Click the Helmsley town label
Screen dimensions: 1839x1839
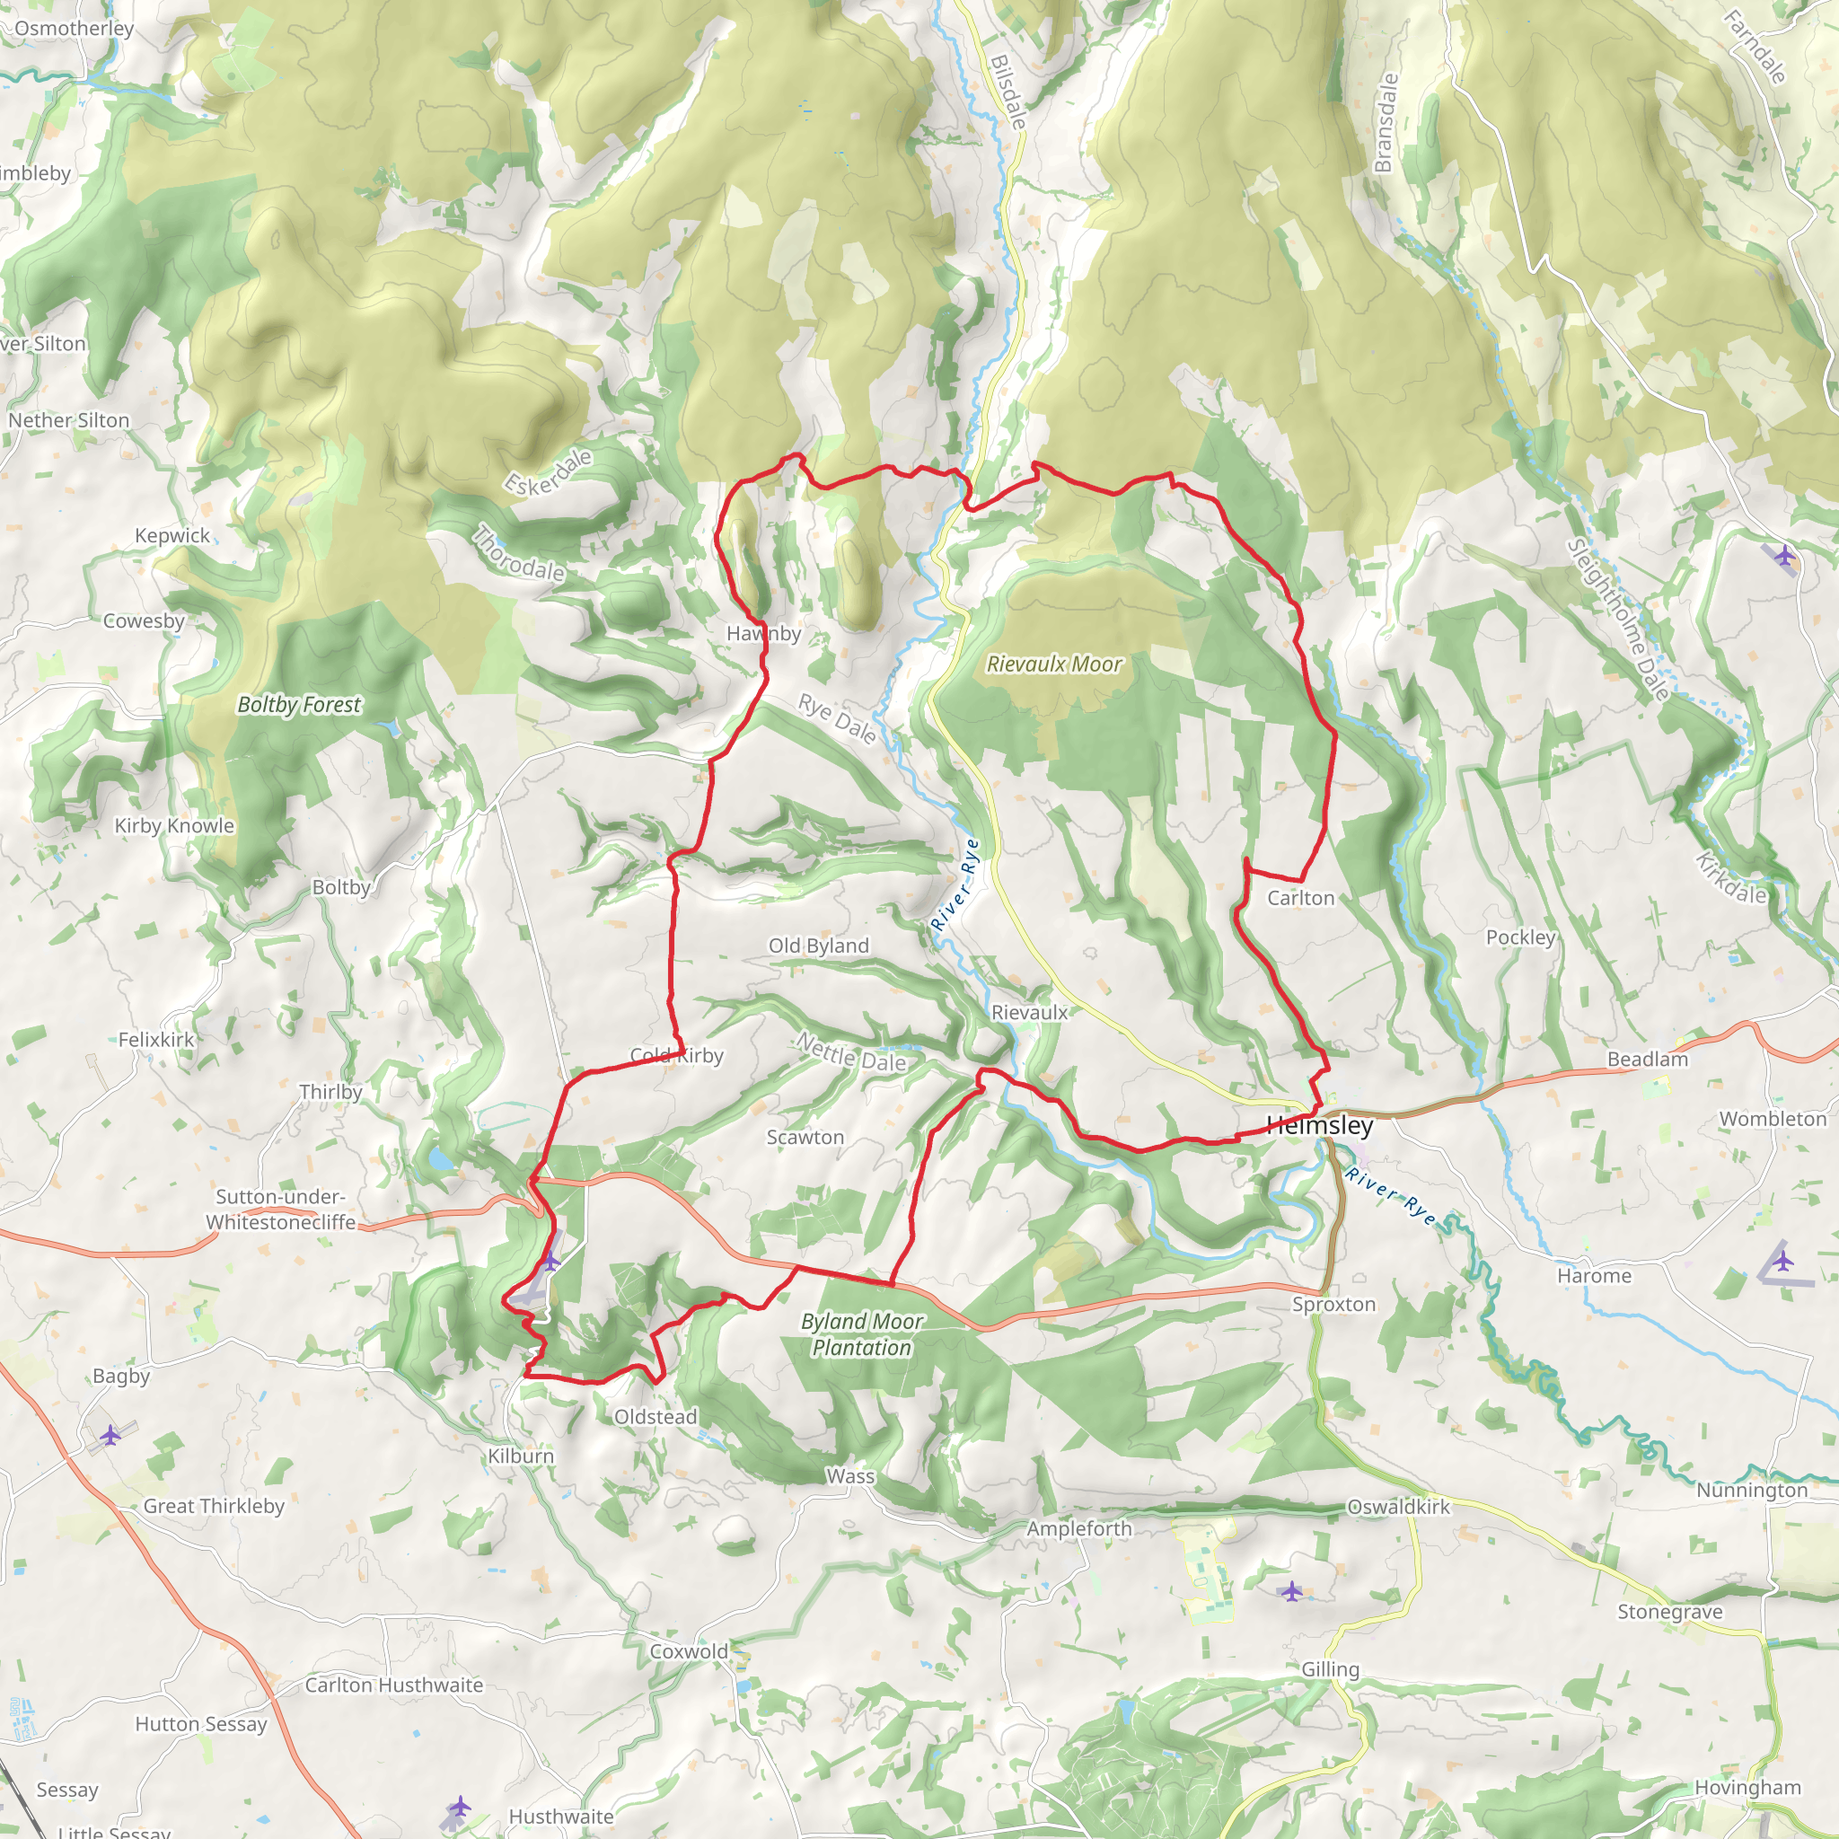click(x=1319, y=1126)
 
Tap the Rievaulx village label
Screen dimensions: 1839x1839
click(x=1029, y=1013)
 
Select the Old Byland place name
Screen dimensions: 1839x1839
click(x=819, y=946)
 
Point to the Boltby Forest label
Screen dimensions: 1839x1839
click(x=299, y=705)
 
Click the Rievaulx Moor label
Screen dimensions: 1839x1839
click(x=1053, y=664)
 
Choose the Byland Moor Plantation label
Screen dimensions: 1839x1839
click(x=861, y=1334)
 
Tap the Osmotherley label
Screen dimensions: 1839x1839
click(x=74, y=29)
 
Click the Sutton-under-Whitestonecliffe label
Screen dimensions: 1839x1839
click(x=280, y=1210)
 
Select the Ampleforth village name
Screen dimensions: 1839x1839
click(x=1078, y=1528)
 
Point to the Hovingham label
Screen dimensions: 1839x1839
click(x=1747, y=1788)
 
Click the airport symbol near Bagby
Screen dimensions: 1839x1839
click(x=110, y=1434)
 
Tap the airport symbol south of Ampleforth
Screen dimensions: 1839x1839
click(x=1290, y=1590)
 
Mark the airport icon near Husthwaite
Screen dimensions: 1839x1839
click(x=460, y=1806)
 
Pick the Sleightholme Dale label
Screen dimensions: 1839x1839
click(x=1617, y=620)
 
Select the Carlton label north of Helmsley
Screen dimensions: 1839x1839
click(x=1300, y=899)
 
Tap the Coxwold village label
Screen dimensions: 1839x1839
click(x=688, y=1651)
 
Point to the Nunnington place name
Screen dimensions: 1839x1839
click(x=1751, y=1491)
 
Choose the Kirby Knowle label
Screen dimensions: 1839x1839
click(x=174, y=826)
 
